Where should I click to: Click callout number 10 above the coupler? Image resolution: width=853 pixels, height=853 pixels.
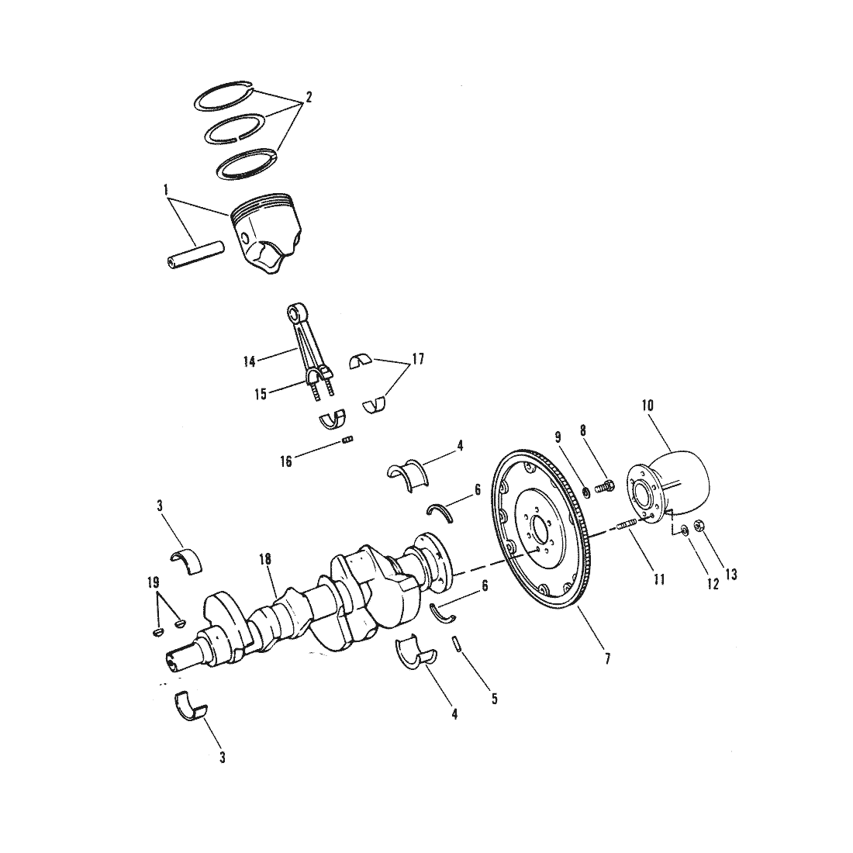point(648,406)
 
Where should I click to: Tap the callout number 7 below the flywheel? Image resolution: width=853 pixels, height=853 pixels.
point(608,659)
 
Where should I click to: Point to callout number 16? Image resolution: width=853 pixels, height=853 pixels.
point(286,462)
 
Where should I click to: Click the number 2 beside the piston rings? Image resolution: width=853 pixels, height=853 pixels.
point(309,98)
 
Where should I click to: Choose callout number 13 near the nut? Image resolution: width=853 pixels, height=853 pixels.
point(731,575)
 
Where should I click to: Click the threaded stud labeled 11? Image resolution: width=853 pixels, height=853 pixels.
point(626,526)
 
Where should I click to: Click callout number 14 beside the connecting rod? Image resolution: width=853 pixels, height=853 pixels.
point(250,362)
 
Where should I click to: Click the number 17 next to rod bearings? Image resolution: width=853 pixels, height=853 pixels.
point(418,360)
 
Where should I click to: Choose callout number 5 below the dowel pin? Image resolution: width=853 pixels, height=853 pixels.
point(494,699)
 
